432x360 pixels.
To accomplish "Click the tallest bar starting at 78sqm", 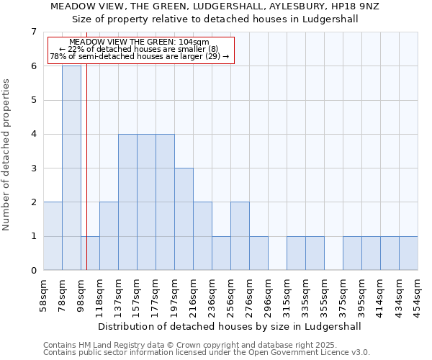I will [71, 168].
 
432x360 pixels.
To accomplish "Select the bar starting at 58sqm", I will [53, 236].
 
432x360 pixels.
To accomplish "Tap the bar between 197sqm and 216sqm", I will [184, 219].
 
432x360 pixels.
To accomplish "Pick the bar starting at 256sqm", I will [240, 236].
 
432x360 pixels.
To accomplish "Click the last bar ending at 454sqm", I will [408, 253].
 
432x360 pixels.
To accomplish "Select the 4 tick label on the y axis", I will [33, 134].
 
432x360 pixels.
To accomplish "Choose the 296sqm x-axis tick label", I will [268, 294].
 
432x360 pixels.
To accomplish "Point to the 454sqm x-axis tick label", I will [418, 294].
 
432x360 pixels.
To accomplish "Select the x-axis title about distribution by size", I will [230, 326].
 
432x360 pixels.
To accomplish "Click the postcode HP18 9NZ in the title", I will [359, 6].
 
